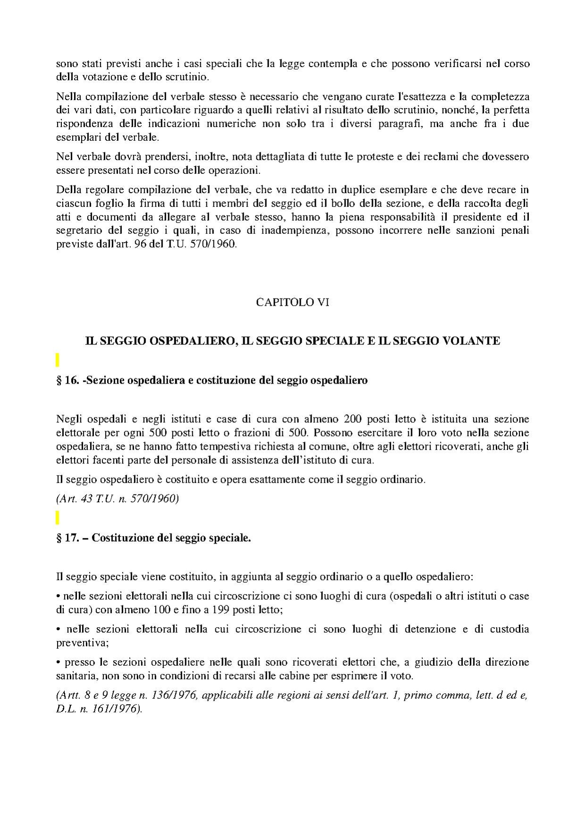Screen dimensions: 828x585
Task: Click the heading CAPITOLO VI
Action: click(x=292, y=302)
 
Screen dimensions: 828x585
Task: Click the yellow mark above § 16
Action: click(x=58, y=360)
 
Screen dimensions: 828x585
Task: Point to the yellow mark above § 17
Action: click(x=58, y=518)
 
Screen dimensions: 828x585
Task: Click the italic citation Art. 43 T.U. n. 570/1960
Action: click(x=117, y=499)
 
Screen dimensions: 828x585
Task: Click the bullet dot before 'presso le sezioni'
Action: click(x=58, y=662)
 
